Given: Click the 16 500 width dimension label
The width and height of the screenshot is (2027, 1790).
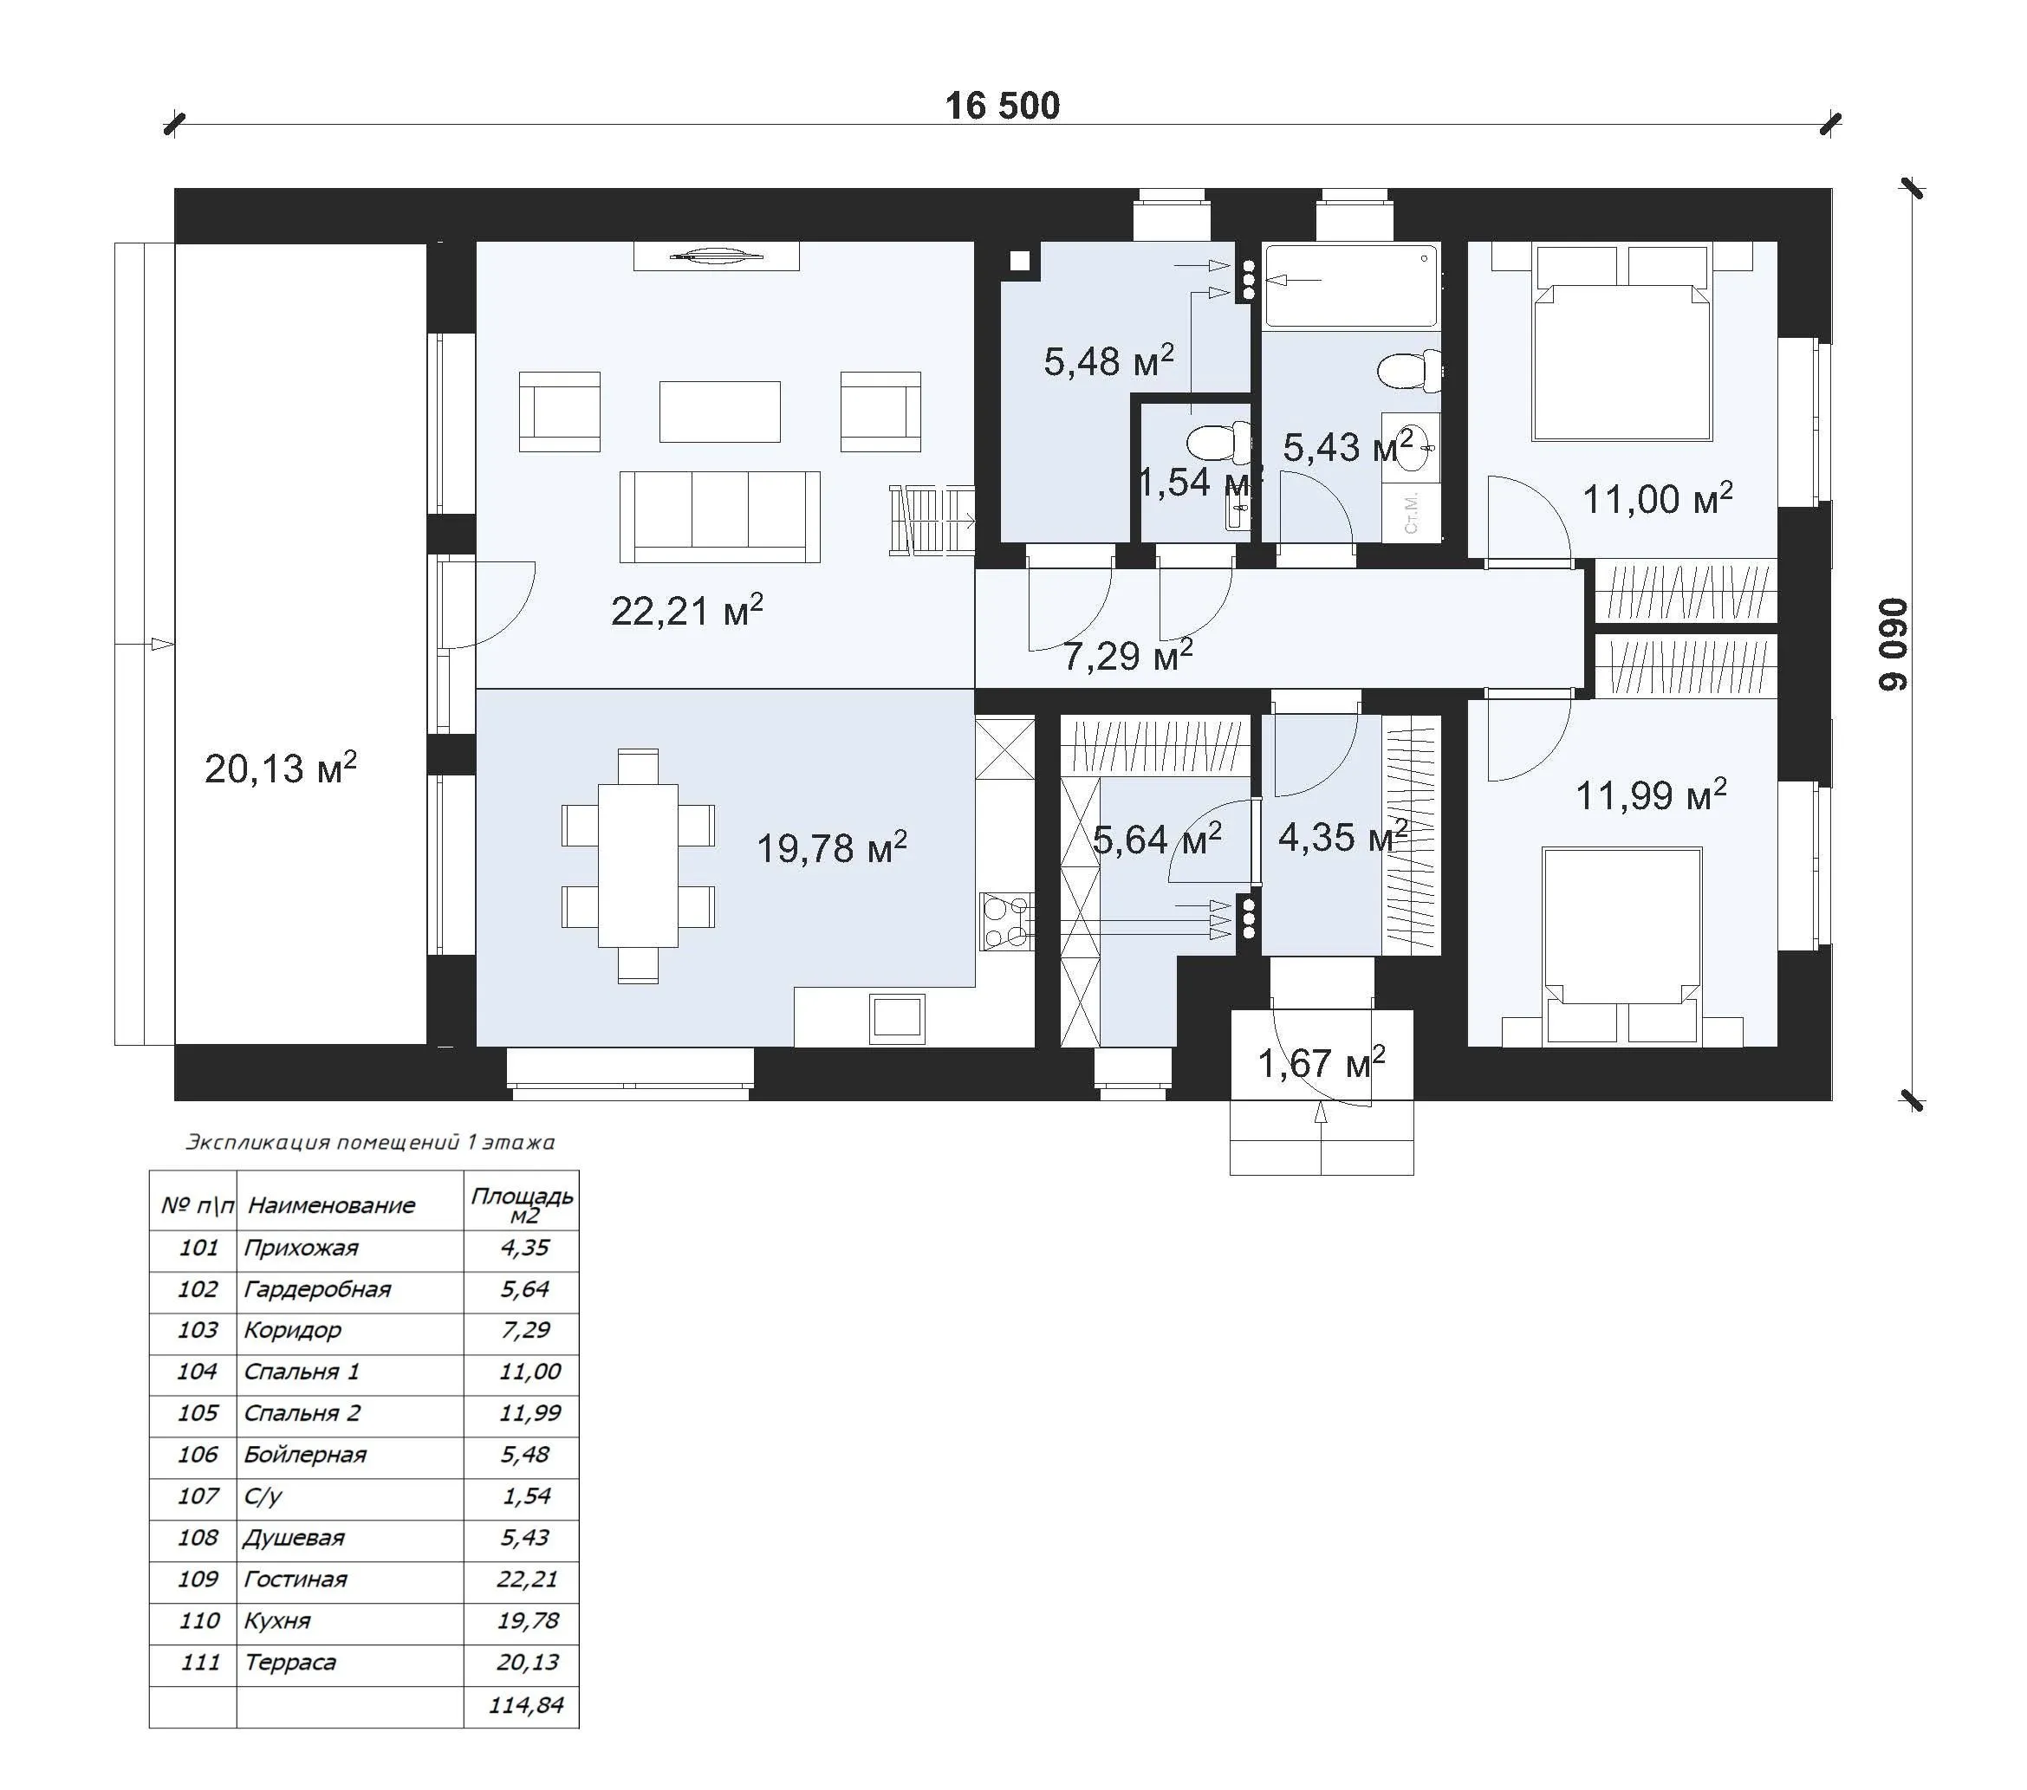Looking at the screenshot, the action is (1002, 106).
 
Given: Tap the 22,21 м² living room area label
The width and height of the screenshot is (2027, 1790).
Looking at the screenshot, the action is (686, 610).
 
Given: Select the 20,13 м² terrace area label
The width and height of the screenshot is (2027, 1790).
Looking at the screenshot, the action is (281, 767).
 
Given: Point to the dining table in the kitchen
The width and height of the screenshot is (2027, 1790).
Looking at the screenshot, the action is (638, 866).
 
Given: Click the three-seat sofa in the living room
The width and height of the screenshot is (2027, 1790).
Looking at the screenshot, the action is (720, 516).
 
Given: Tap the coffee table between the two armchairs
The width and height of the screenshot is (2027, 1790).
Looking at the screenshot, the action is (720, 411).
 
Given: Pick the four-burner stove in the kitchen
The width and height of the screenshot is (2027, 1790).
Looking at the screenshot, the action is (1006, 921).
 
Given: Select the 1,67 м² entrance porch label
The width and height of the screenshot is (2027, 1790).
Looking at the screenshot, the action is (1321, 1063).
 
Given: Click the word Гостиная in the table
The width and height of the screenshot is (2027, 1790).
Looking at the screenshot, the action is (296, 1579).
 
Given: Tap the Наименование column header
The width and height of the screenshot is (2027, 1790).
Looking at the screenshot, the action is (331, 1205).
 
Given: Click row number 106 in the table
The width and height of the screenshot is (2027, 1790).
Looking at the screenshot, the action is (198, 1454).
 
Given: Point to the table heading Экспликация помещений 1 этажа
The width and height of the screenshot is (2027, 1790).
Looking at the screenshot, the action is (370, 1141).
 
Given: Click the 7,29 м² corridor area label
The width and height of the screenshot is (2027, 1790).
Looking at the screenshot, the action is (1127, 654).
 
